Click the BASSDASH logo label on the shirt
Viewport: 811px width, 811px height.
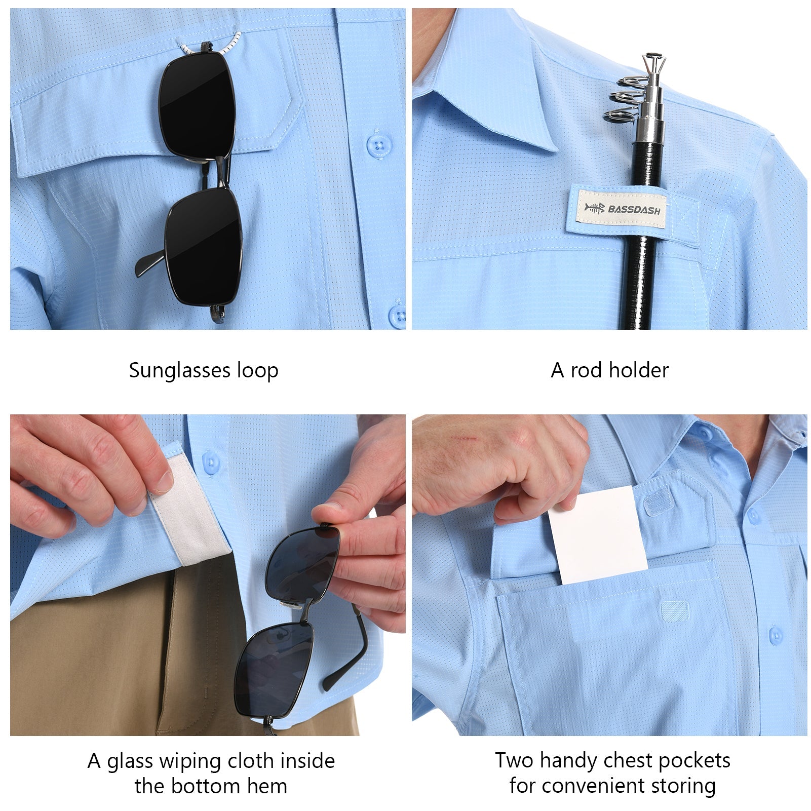click(623, 208)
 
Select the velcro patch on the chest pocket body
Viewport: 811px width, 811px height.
click(675, 611)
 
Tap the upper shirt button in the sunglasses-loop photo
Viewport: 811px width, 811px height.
click(376, 146)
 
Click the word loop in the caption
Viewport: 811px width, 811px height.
click(258, 371)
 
